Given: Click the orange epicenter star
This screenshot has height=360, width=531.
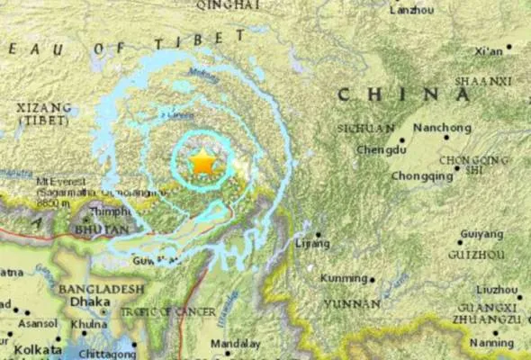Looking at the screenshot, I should click(203, 163).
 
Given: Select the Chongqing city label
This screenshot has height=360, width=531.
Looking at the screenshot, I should click(423, 176).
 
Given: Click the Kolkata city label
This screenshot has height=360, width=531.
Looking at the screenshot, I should click(32, 348).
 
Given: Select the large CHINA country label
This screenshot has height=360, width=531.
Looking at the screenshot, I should click(391, 94).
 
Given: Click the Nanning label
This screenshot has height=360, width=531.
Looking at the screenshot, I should click(496, 342).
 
